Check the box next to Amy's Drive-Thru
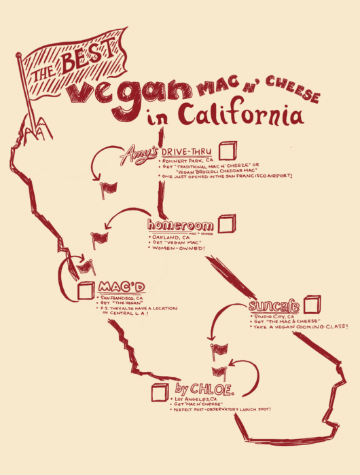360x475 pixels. (x=228, y=151)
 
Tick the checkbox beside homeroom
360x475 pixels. (x=226, y=223)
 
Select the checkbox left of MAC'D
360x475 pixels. (x=86, y=290)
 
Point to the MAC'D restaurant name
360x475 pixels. (x=118, y=286)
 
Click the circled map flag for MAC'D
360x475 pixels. (x=86, y=267)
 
